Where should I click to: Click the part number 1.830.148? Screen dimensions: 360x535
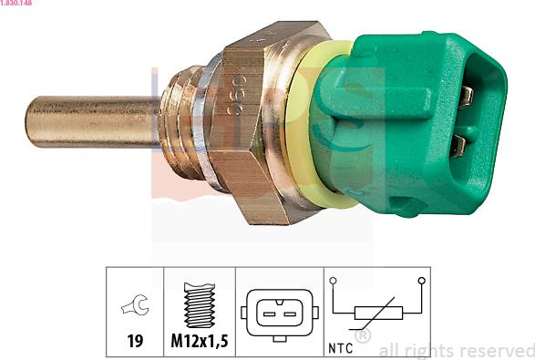(20, 4)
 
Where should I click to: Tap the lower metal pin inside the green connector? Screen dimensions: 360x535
(459, 143)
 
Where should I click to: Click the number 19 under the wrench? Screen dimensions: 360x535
(134, 342)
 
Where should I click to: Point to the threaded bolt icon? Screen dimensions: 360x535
(198, 305)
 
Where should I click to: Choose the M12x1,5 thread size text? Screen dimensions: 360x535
(199, 342)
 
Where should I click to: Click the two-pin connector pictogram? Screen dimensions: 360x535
(279, 313)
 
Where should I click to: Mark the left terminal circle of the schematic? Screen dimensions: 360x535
(334, 281)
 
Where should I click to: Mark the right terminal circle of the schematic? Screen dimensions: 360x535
(421, 281)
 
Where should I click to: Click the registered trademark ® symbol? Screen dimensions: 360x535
(362, 336)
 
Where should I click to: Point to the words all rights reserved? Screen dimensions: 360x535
(456, 350)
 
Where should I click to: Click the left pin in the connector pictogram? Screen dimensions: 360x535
(270, 314)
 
